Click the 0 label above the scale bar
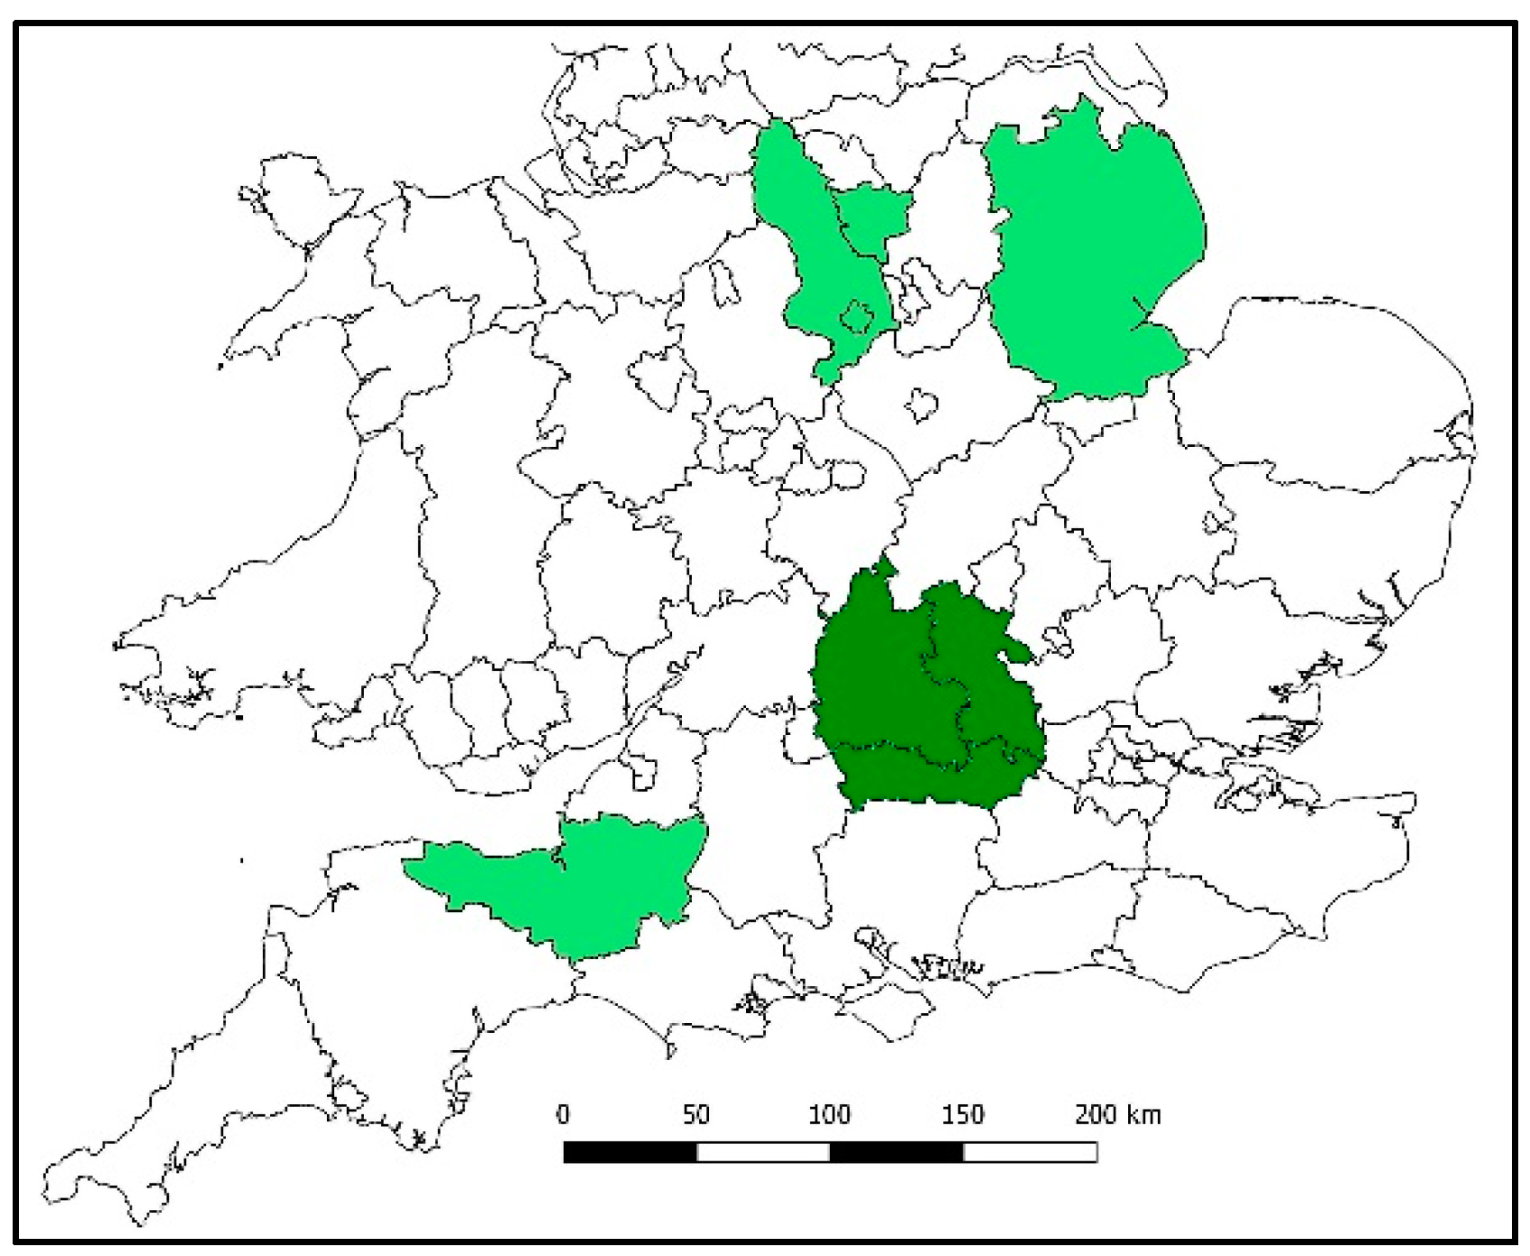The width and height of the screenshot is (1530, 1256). pos(563,1115)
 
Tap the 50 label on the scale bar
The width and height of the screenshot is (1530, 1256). pos(695,1115)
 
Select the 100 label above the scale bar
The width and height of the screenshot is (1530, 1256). pos(828,1115)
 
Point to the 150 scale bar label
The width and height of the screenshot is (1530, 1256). pos(962,1115)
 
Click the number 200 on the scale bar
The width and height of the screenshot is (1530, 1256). pos(1096,1115)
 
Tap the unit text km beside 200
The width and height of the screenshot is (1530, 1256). pos(1143,1115)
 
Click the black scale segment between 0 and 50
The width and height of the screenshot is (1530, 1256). pos(630,1152)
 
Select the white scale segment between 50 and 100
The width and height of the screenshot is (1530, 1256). pos(763,1152)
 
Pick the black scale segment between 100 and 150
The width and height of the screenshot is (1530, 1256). pos(896,1152)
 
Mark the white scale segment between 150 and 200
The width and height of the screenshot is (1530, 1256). pos(1030,1152)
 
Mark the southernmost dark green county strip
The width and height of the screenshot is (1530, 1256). pos(930,777)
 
